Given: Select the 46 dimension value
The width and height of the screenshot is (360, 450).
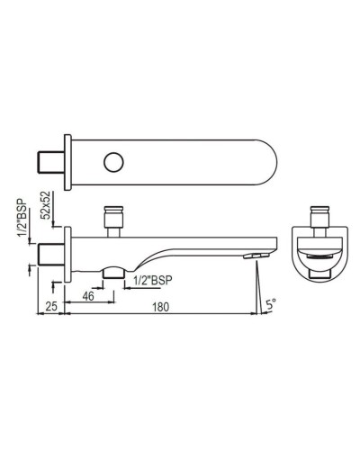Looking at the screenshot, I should (x=89, y=295).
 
